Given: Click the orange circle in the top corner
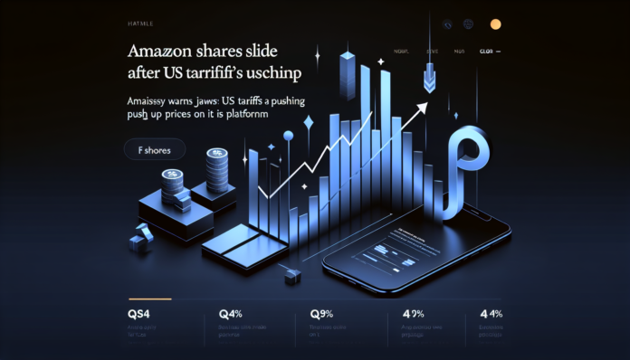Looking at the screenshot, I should point(495,24).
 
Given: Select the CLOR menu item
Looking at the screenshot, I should point(492,52).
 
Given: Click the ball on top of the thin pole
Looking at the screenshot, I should point(288,137).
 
